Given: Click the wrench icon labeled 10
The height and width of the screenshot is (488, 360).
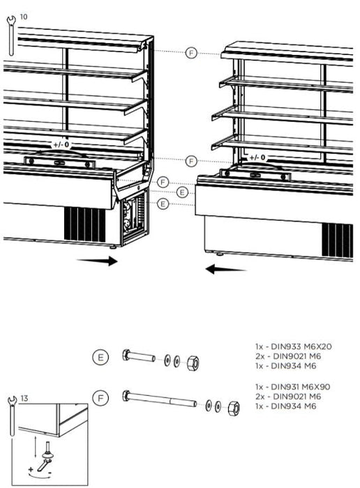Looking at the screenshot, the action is click(11, 36).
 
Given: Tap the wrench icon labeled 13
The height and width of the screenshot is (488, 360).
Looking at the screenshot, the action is click(12, 416).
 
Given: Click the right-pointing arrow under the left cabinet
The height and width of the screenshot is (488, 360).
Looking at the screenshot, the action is click(97, 261).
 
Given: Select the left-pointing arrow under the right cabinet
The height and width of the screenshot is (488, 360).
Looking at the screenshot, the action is click(226, 269).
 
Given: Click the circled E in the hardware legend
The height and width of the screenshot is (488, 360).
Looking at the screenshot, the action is click(100, 357).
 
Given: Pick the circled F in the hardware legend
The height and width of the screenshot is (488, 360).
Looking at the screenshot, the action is click(100, 398).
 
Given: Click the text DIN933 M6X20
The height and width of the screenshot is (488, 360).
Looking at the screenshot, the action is click(301, 346).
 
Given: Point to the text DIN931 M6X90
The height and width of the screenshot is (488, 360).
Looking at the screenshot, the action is click(301, 387).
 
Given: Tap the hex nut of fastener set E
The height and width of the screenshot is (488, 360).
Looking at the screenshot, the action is click(193, 363).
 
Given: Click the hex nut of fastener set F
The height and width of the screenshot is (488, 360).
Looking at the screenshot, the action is click(233, 408).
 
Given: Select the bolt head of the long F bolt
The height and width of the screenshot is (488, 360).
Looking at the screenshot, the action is click(126, 395).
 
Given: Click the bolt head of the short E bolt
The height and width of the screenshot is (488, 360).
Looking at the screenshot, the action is click(126, 355).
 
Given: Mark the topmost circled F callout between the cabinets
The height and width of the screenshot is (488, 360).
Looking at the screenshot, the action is click(191, 53).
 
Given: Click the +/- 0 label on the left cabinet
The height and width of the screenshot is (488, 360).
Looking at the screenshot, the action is click(61, 145).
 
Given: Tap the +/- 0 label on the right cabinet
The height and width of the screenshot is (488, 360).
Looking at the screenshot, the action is click(257, 158).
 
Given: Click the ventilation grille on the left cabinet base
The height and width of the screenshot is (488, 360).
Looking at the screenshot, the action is click(84, 224).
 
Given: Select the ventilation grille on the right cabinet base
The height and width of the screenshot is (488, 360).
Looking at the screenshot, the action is click(337, 241).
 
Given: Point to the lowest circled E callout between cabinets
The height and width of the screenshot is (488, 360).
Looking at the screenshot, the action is click(163, 204).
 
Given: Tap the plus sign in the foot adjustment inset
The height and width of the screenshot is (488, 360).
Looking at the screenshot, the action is click(31, 469).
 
